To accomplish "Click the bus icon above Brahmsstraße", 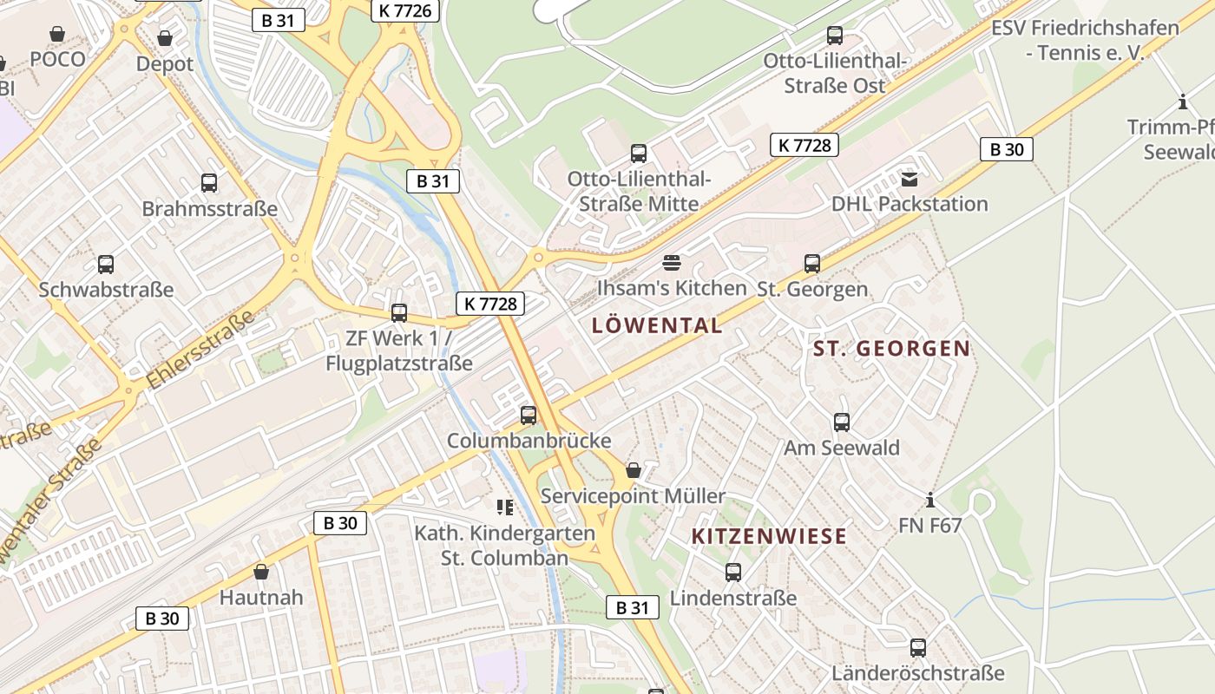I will click(209, 182).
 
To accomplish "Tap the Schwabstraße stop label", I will click(106, 289).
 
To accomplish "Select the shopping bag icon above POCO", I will click(57, 34).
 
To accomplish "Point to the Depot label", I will click(165, 63).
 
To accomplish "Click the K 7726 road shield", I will click(405, 10).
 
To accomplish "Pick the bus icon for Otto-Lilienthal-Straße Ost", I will click(835, 36).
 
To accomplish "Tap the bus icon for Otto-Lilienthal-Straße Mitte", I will click(639, 154).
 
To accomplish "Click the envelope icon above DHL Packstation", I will click(910, 180).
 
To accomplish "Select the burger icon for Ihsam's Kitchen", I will click(672, 262).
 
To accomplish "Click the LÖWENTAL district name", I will click(657, 325).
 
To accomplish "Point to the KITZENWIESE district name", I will click(769, 536).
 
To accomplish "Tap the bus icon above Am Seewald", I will click(842, 422).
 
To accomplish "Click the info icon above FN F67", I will click(930, 500).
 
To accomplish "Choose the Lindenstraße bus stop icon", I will click(733, 573).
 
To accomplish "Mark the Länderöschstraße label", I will click(917, 673).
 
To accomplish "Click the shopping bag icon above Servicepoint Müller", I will click(634, 470).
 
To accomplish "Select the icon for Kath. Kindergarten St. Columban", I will click(504, 507).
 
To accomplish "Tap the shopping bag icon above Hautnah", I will click(261, 572).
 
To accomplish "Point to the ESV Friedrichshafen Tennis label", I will click(1085, 40).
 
